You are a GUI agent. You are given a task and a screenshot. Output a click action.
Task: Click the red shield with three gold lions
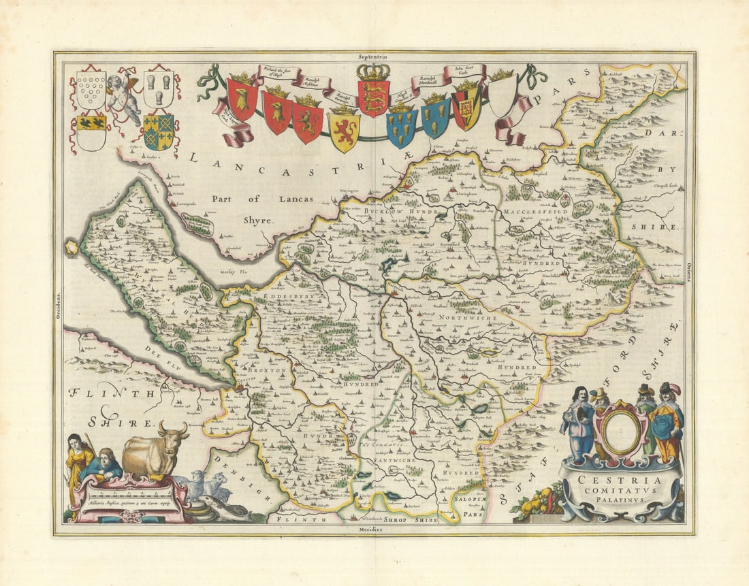tap(373, 97)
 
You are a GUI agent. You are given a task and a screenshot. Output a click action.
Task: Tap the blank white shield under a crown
tap(502, 95)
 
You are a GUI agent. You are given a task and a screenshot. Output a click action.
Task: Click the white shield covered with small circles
tap(91, 90)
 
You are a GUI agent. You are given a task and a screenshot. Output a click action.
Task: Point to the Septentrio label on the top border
tap(374, 59)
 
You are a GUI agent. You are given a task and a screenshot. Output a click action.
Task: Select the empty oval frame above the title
tap(620, 429)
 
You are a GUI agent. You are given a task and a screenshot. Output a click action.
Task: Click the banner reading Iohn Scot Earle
tap(465, 71)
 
